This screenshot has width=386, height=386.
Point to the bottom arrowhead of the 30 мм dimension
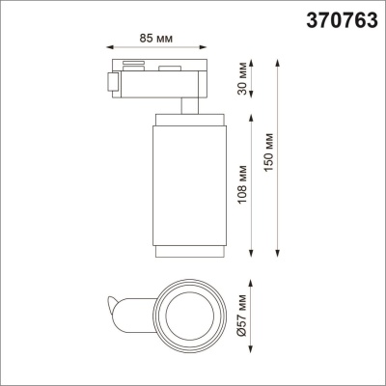[252, 109]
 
